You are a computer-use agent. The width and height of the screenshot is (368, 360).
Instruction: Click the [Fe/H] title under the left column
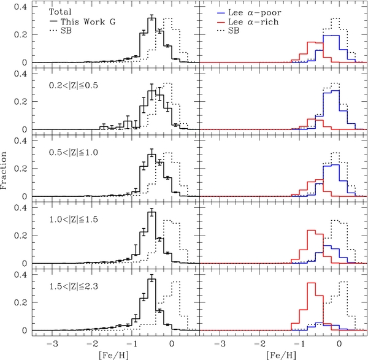(x=117, y=354)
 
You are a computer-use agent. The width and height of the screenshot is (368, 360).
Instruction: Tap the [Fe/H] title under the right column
(x=284, y=354)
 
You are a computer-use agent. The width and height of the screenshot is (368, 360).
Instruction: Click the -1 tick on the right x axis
(x=300, y=343)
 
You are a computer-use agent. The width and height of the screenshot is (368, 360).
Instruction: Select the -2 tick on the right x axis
(x=260, y=343)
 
